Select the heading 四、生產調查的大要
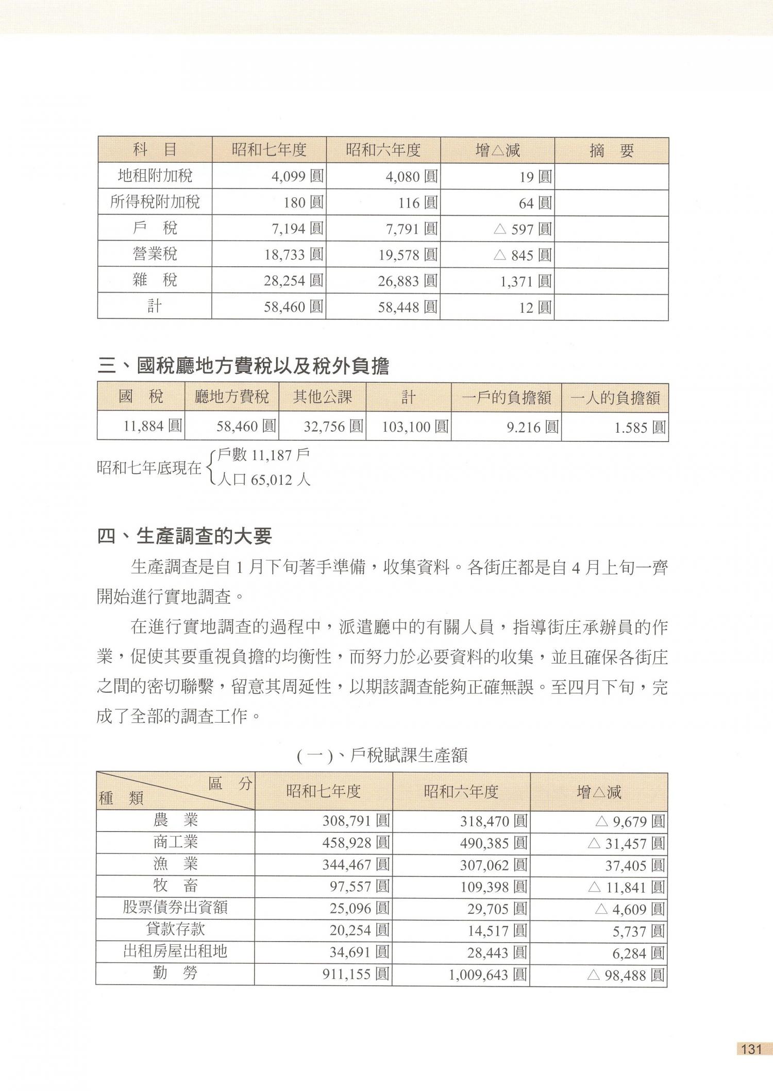coord(184,537)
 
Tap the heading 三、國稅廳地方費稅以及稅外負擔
coord(243,366)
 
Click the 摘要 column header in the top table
coord(611,150)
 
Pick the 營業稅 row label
coord(155,254)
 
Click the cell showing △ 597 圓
coord(522,229)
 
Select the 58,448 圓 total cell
coord(408,308)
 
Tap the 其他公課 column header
coord(322,397)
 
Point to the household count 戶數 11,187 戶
coord(263,455)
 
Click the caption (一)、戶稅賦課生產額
coord(382,756)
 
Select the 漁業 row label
coord(175,864)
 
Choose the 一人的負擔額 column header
coord(615,398)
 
